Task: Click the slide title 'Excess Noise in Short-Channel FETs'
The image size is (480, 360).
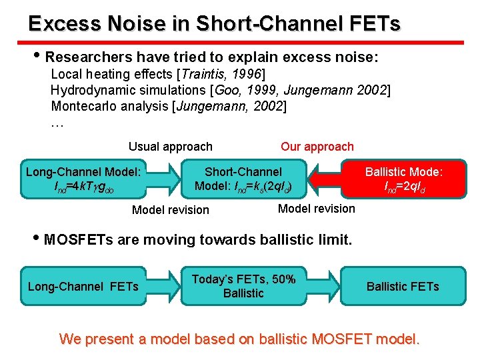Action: (x=214, y=24)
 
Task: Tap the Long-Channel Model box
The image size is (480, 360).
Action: (x=83, y=179)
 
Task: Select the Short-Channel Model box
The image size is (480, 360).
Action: (x=243, y=179)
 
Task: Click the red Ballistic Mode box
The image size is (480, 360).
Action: (x=404, y=179)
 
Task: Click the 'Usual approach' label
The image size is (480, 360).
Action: (x=170, y=147)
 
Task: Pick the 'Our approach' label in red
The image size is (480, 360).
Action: (x=317, y=147)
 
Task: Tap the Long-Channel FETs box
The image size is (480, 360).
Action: (x=83, y=287)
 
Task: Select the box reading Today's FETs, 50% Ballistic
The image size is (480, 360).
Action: (x=243, y=286)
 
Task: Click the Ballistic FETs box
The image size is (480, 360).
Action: (x=403, y=287)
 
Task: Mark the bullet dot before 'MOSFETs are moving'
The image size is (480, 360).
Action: (x=37, y=239)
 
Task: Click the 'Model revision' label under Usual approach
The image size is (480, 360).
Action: (x=170, y=210)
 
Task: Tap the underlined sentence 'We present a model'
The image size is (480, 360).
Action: (x=240, y=339)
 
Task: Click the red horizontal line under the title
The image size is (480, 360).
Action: (x=240, y=42)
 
